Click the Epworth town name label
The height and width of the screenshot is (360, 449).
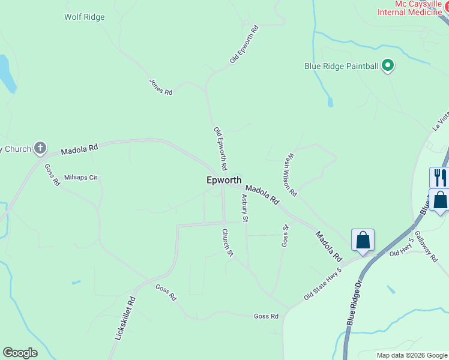(224, 180)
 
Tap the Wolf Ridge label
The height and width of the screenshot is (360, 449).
(85, 17)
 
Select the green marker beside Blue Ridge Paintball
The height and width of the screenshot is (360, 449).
(388, 65)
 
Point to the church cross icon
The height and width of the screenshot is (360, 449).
(40, 148)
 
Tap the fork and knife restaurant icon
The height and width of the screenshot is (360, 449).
(440, 177)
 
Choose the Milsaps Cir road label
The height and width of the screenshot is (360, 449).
(80, 178)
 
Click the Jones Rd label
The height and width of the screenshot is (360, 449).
(161, 88)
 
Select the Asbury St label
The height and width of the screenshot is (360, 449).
(245, 208)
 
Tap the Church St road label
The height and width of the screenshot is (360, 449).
(227, 243)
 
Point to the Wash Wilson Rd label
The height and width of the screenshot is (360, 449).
(291, 176)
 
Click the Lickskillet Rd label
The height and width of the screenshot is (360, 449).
(125, 319)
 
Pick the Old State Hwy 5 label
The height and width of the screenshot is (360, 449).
(322, 284)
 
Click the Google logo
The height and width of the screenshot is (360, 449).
(20, 353)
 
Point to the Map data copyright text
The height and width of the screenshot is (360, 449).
(411, 355)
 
